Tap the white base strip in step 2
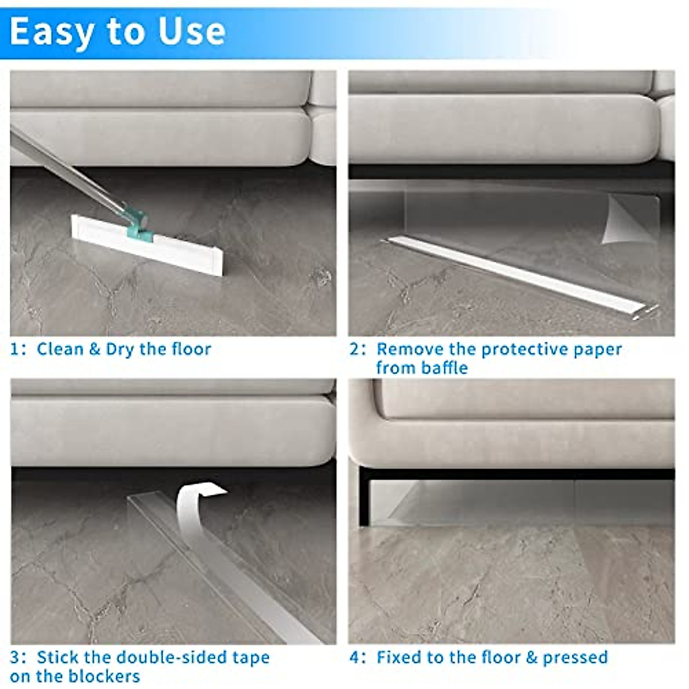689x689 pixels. pyautogui.click(x=517, y=276)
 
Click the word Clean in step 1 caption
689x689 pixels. pyautogui.click(x=60, y=349)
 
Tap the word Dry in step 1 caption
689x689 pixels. pyautogui.click(x=119, y=349)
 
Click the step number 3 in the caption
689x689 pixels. pyautogui.click(x=15, y=657)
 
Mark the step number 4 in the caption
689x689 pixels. pyautogui.click(x=355, y=657)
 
